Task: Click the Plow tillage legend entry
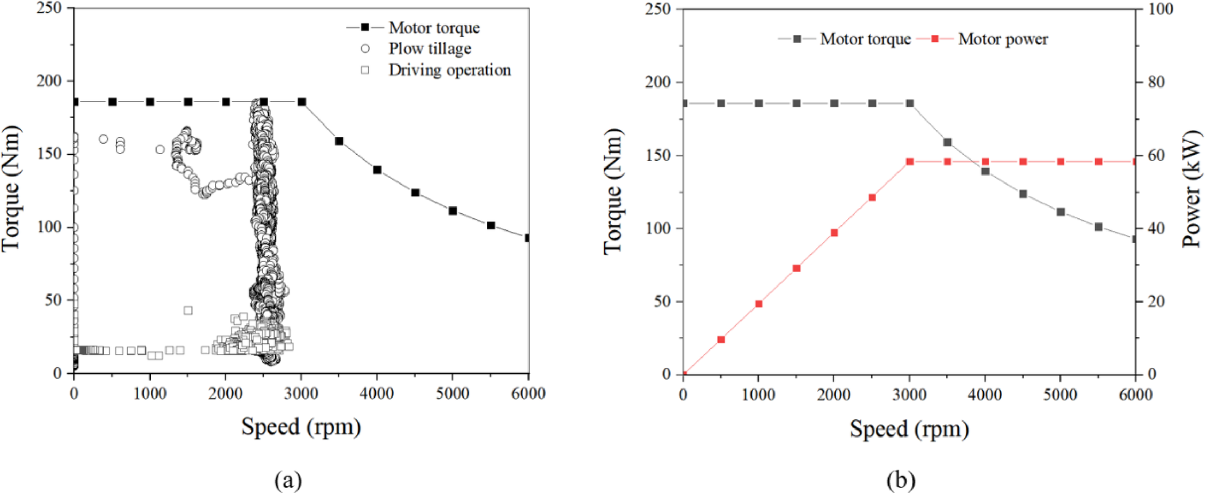point(430,49)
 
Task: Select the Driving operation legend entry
point(449,70)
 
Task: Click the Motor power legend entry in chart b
point(1002,39)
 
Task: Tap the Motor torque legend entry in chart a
point(434,27)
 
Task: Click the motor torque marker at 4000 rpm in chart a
point(377,169)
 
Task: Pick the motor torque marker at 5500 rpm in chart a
point(491,225)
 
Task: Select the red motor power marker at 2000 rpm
point(834,233)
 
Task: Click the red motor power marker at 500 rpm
point(721,339)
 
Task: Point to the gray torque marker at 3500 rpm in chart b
point(948,142)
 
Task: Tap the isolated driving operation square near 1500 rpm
point(188,310)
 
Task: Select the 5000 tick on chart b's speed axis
point(1060,395)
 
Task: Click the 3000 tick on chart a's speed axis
point(301,393)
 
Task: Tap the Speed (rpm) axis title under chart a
point(301,426)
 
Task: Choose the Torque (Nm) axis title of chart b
point(612,190)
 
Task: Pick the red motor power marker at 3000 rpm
point(910,162)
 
